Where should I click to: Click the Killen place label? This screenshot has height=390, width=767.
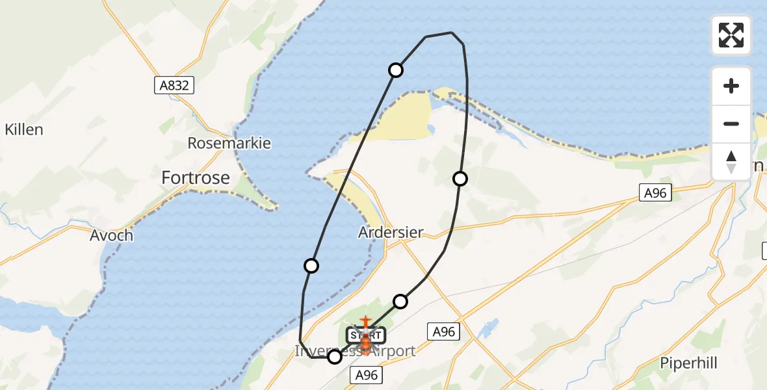[24, 129]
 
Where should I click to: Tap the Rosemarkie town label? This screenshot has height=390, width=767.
[229, 143]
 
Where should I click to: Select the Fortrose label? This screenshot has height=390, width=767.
[196, 177]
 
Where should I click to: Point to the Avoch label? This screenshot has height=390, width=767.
[111, 235]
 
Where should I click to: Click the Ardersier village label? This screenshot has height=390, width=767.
[391, 232]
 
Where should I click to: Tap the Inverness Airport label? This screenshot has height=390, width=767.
[355, 352]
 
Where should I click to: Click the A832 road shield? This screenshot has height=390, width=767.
[174, 85]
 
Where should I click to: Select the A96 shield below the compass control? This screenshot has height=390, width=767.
[655, 192]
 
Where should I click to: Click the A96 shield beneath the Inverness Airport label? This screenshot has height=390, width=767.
[366, 374]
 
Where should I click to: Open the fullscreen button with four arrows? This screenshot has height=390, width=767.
[731, 35]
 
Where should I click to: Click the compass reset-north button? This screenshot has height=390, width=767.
[731, 161]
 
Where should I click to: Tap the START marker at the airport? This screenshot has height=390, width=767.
[365, 336]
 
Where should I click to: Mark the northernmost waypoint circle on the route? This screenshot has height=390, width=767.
[396, 70]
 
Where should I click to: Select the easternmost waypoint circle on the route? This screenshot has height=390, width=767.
[460, 179]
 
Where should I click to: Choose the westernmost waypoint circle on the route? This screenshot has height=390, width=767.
[311, 266]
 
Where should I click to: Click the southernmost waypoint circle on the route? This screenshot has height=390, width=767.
[335, 357]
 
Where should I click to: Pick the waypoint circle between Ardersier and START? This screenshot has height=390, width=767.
[400, 301]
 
